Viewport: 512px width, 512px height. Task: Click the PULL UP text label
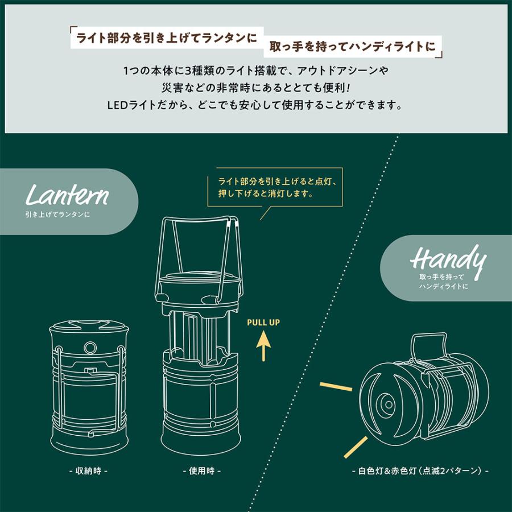click(x=263, y=323)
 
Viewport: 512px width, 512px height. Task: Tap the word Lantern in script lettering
click(x=67, y=196)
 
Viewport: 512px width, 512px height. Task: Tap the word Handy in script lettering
click(x=448, y=261)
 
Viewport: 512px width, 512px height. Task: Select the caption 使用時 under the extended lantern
click(x=201, y=471)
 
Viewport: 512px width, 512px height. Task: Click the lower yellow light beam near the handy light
click(x=356, y=447)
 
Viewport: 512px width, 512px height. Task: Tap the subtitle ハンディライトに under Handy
click(x=442, y=286)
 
